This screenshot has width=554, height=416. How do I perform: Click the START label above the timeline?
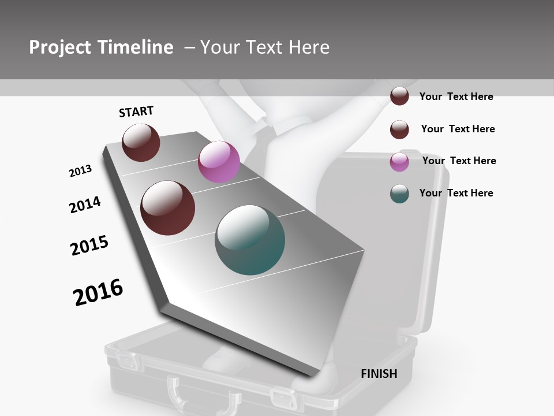point(136,112)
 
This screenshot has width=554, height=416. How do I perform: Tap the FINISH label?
point(379,374)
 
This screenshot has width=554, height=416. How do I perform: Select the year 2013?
point(80,171)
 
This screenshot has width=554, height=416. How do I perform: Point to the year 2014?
point(85,205)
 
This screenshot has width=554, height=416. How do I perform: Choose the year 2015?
point(89,246)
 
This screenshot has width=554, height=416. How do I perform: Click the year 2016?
point(98,292)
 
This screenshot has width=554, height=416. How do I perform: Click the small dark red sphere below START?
point(141,142)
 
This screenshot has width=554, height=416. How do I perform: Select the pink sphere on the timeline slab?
point(219,162)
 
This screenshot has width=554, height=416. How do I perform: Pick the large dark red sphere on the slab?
point(168,208)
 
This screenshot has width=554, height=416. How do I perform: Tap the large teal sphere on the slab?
point(250,239)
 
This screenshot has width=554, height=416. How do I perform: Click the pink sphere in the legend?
point(399,162)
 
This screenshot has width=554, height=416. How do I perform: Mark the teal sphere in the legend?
point(399,194)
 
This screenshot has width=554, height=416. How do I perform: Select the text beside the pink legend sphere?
point(459,161)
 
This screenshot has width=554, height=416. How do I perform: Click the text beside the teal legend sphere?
point(456,193)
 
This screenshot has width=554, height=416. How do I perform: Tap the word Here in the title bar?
point(309,47)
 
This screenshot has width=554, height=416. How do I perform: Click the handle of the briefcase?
point(204,393)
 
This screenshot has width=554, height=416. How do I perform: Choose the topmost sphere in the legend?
point(399,96)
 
